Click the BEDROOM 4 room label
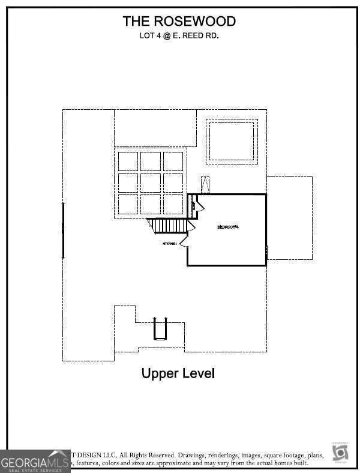coord(228,227)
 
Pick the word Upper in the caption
coord(159,373)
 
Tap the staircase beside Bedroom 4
coord(170,226)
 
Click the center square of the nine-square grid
coord(151,182)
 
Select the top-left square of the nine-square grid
coord(128,161)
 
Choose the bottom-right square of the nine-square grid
coord(173,203)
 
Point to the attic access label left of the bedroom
coord(169,244)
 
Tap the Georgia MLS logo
coord(35,462)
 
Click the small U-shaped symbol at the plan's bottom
coord(160,328)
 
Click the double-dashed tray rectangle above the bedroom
coord(232,140)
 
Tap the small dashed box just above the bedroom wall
coord(206,184)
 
